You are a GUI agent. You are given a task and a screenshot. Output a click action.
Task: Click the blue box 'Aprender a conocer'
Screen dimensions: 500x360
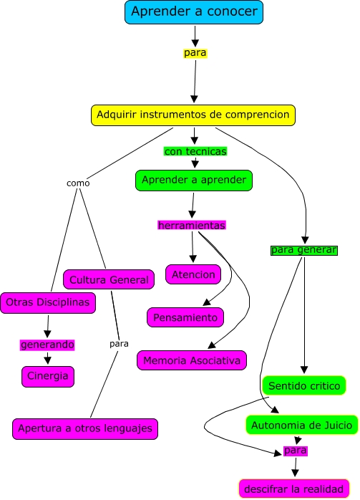coord(194,12)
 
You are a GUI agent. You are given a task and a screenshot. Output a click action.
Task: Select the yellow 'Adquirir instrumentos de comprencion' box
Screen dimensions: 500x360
coord(193,115)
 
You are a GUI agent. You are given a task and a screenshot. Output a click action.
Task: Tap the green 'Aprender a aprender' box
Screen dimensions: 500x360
coord(194,180)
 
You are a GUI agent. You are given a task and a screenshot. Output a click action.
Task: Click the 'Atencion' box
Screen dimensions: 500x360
coord(193,274)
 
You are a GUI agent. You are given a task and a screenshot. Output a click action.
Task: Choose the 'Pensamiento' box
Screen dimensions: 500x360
coord(186,317)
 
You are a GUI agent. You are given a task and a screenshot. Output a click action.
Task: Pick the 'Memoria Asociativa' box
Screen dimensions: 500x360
coord(192,360)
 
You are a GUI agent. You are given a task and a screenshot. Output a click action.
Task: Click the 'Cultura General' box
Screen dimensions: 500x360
coord(109,279)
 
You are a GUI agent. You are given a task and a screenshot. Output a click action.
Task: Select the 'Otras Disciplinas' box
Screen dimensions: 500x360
coord(48,303)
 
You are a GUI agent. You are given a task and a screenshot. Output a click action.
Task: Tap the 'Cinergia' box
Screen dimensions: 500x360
coord(48,376)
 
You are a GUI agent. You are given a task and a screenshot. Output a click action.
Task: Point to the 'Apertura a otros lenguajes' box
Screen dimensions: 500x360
coord(85,428)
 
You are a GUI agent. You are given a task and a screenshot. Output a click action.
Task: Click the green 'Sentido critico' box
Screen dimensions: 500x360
coord(304,385)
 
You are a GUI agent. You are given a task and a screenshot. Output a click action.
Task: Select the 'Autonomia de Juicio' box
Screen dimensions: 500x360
coord(301,425)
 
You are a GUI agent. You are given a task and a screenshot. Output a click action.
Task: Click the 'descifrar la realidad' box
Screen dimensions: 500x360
coord(294,489)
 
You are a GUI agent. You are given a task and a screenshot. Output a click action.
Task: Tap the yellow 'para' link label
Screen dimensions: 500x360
coord(195,52)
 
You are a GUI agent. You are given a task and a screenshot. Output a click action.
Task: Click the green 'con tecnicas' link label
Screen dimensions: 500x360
coord(195,151)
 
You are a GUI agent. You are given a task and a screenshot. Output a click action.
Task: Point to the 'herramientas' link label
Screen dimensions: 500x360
coord(192,225)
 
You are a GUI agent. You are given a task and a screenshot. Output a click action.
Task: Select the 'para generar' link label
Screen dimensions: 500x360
coord(303,250)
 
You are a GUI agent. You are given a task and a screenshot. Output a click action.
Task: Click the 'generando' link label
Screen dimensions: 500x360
coord(47,345)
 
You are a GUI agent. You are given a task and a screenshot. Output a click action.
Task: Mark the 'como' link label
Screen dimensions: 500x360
coord(78,183)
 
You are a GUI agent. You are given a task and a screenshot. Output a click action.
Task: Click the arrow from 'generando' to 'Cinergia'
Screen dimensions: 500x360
coord(47,358)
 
